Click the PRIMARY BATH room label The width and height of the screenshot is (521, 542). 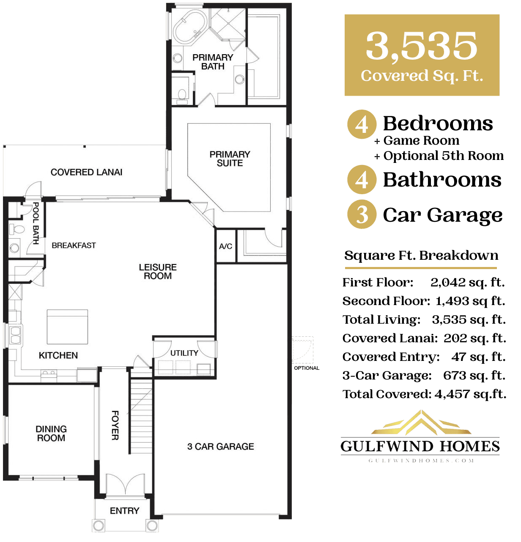[213, 62]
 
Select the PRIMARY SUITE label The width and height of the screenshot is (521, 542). [230, 159]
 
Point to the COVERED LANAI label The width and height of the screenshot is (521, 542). [86, 172]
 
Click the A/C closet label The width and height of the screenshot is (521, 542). [225, 246]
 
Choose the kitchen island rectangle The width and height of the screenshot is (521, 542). [67, 327]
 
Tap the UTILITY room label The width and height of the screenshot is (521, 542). [184, 353]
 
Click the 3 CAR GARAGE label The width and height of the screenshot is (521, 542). [220, 446]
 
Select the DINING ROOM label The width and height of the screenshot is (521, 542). [51, 434]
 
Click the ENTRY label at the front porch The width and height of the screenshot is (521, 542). [124, 511]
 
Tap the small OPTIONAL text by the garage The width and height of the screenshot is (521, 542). [307, 368]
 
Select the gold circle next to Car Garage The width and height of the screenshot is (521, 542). [362, 215]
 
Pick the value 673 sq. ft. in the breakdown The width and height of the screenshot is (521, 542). [474, 375]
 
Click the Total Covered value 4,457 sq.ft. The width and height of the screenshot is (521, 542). [470, 394]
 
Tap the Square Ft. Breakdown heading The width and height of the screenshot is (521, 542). [421, 256]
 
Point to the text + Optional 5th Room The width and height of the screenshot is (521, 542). [439, 156]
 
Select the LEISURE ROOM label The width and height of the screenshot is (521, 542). [158, 272]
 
